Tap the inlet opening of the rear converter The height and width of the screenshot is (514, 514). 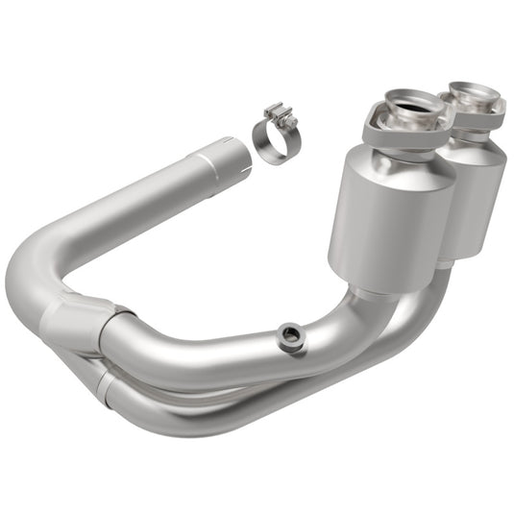click(474, 93)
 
